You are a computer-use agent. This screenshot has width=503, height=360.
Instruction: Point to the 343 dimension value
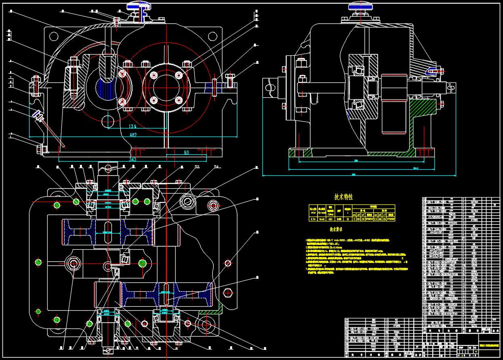click(x=132, y=160)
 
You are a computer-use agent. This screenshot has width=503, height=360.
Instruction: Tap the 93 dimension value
click(x=186, y=152)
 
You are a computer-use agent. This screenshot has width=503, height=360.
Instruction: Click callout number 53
click(x=197, y=167)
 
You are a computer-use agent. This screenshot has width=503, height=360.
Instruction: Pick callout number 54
click(x=216, y=167)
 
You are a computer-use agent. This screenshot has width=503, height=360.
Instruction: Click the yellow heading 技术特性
click(x=344, y=197)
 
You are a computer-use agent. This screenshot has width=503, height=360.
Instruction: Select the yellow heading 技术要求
click(x=336, y=229)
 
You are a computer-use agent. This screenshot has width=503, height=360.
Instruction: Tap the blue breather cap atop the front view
click(x=139, y=6)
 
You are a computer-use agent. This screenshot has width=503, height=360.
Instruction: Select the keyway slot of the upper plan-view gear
click(x=107, y=233)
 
